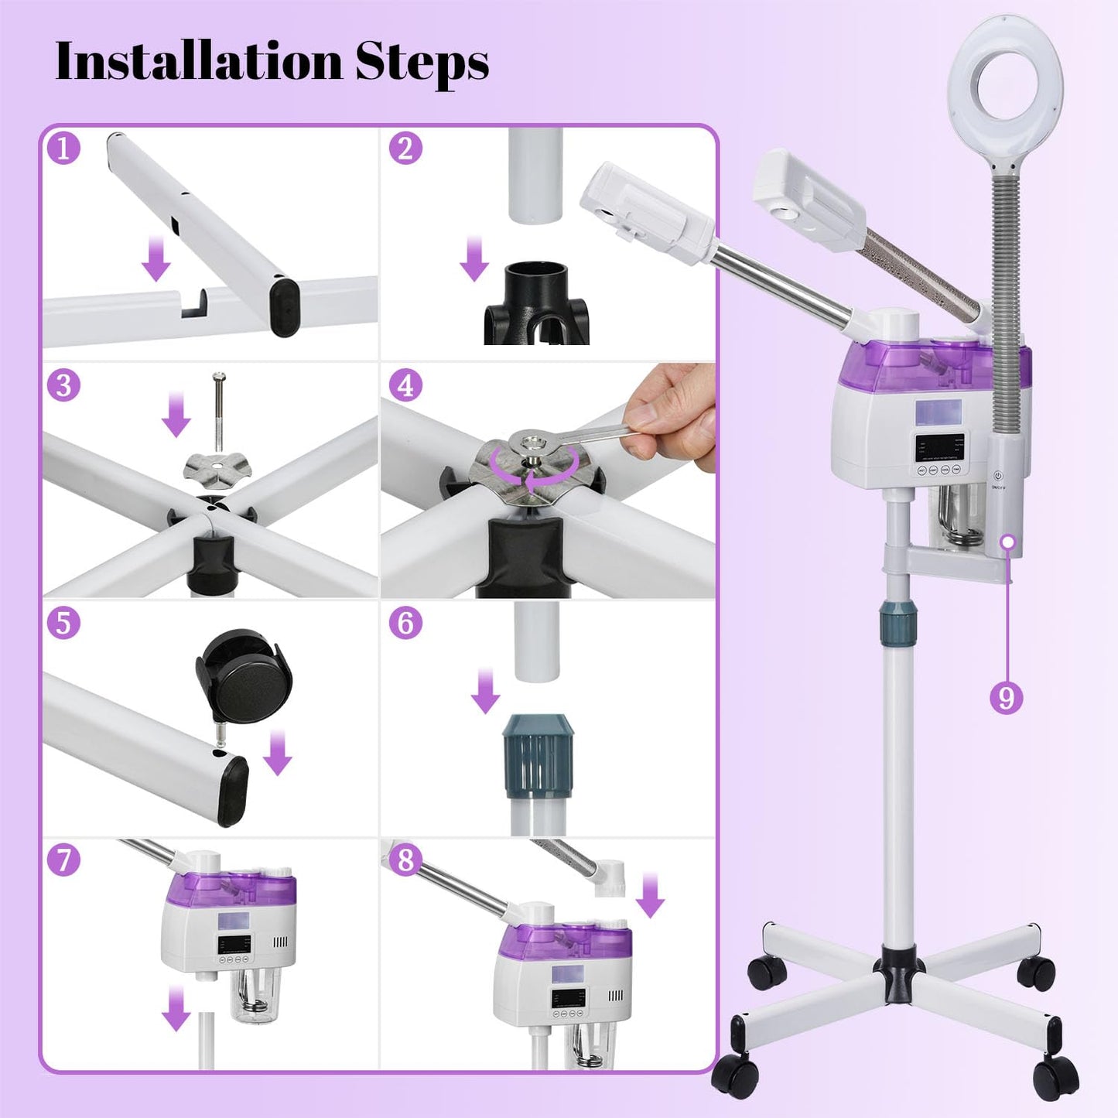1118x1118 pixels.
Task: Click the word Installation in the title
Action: pyautogui.click(x=198, y=61)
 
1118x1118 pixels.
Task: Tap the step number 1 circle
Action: pyautogui.click(x=63, y=148)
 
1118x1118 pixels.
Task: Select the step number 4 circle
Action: pyautogui.click(x=405, y=385)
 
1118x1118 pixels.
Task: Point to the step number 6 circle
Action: pyautogui.click(x=405, y=623)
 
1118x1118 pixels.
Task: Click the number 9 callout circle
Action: pyautogui.click(x=1006, y=698)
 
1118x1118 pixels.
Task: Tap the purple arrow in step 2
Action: pyautogui.click(x=474, y=259)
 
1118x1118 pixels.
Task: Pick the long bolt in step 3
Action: pyautogui.click(x=220, y=415)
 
